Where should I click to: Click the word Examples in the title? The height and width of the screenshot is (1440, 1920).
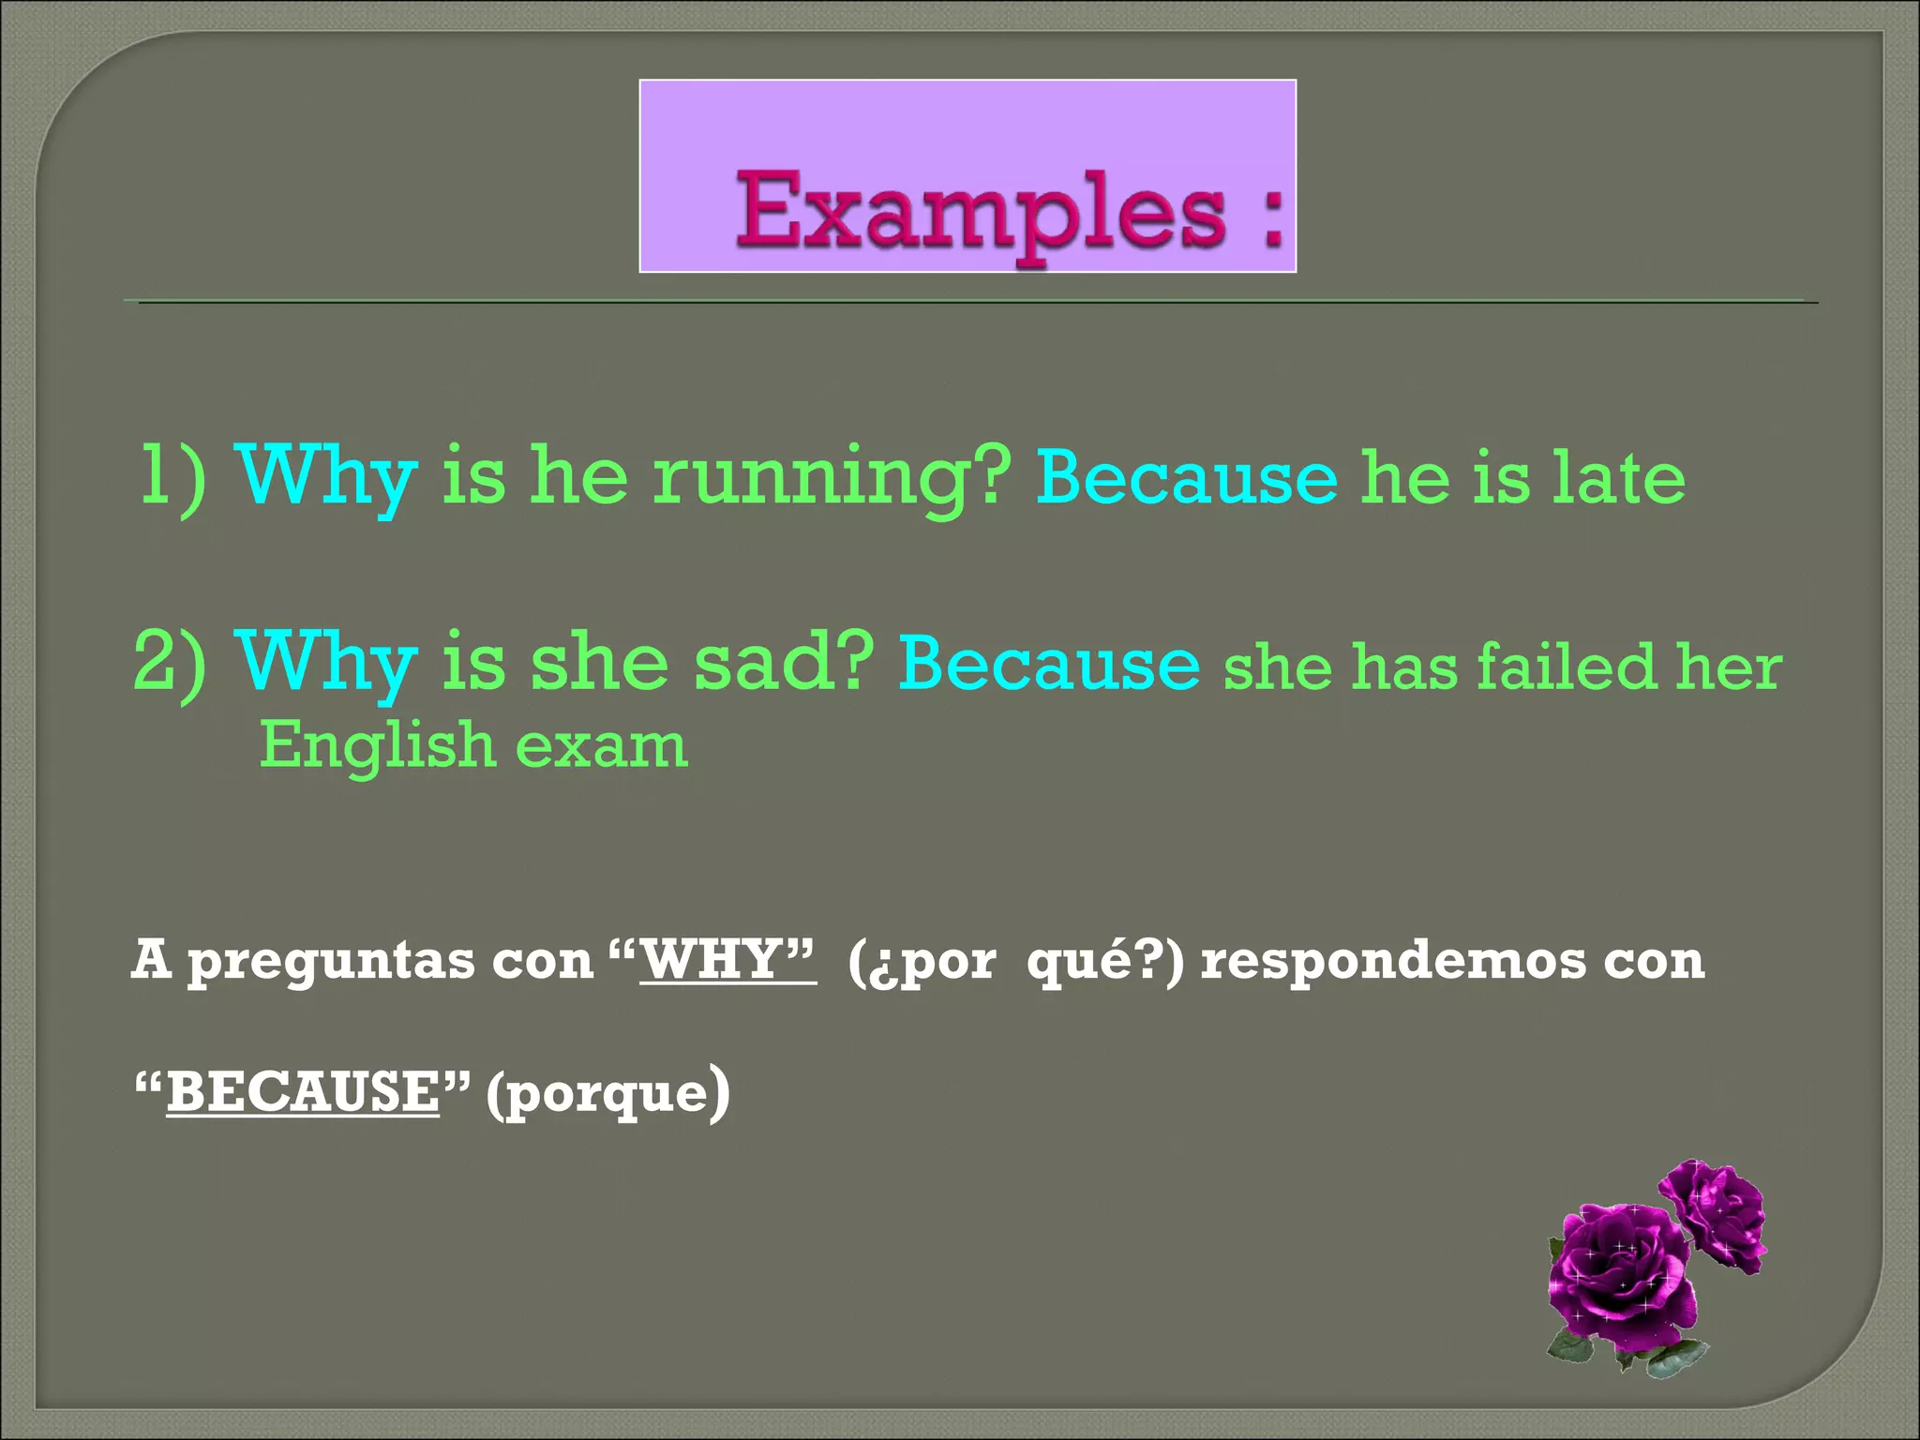[x=981, y=213]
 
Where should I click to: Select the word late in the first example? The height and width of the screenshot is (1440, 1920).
[x=1618, y=478]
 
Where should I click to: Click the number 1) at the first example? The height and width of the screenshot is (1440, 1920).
[x=173, y=478]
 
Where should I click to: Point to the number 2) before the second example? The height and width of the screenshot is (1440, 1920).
[x=171, y=664]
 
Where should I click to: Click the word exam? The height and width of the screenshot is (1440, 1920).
[x=602, y=747]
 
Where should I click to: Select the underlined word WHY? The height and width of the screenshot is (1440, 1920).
[x=712, y=961]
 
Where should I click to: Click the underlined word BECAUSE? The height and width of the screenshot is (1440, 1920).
[x=303, y=1093]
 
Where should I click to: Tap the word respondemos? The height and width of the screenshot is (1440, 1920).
[x=1391, y=961]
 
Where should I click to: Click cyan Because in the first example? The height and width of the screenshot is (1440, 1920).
[x=1187, y=478]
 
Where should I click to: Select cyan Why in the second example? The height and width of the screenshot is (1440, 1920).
[x=325, y=664]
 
